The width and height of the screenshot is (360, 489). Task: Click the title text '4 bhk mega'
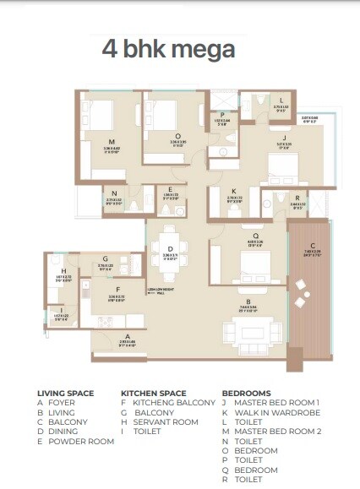(x=168, y=48)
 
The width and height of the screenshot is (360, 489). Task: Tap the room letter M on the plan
(x=112, y=143)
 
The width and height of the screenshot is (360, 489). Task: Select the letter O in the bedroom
(x=177, y=133)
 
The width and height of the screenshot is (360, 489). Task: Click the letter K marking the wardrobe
(x=234, y=191)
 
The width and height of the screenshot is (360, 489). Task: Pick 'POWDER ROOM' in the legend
(x=81, y=441)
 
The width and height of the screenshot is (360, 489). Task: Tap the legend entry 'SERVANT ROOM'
(x=164, y=421)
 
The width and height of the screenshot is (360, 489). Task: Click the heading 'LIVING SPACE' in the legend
(x=66, y=394)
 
